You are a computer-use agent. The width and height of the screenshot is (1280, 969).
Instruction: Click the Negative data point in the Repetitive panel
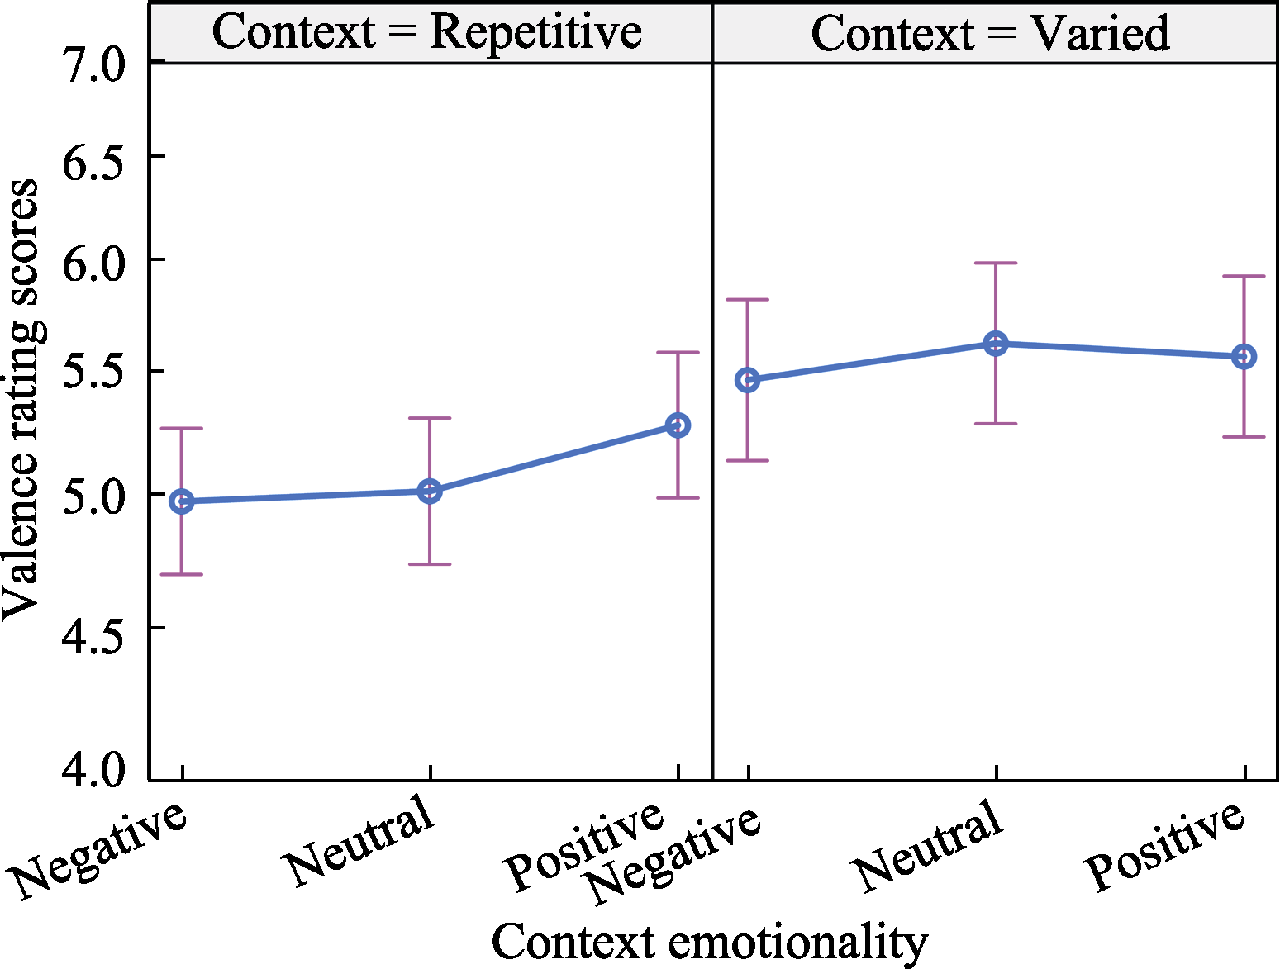pyautogui.click(x=182, y=501)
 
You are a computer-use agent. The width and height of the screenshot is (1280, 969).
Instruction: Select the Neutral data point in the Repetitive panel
pyautogui.click(x=430, y=492)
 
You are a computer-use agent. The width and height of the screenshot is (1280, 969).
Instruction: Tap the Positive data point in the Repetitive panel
pyautogui.click(x=678, y=425)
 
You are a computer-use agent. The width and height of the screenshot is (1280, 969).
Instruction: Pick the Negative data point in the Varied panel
pyautogui.click(x=748, y=380)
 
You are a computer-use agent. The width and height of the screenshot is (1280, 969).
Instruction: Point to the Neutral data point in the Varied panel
pyautogui.click(x=996, y=344)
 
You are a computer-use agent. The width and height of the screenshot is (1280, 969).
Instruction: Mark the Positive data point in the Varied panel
pyautogui.click(x=1244, y=357)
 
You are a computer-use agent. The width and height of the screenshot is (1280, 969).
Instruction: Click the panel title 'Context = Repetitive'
pyautogui.click(x=427, y=33)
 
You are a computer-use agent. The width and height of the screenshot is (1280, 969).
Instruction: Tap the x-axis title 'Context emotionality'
pyautogui.click(x=709, y=942)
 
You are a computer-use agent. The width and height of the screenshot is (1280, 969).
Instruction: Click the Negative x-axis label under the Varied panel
pyautogui.click(x=673, y=855)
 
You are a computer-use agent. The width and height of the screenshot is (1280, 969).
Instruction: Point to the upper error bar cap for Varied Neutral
pyautogui.click(x=996, y=264)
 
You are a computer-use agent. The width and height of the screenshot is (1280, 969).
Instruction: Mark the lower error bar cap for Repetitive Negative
pyautogui.click(x=182, y=574)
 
